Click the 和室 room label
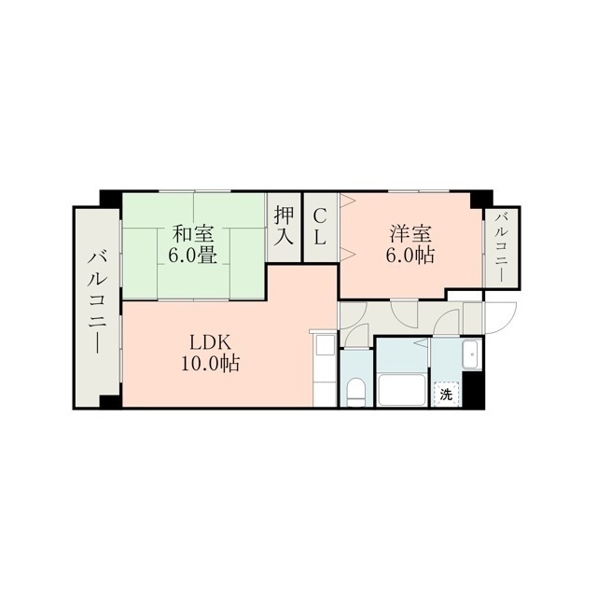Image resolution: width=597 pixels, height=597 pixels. point(193,234)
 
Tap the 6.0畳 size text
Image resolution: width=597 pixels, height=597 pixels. point(193,255)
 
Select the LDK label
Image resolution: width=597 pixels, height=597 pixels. point(211,343)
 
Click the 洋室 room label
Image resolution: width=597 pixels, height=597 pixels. point(410,234)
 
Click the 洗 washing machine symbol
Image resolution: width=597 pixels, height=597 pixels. point(446,395)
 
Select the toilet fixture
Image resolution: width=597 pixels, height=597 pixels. point(356,392)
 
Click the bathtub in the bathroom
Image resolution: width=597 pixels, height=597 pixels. point(403,390)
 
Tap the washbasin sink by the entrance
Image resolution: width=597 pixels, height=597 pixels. point(472,354)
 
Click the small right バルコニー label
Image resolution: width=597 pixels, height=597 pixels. point(502,247)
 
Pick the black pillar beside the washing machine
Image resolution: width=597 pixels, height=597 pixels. point(473,389)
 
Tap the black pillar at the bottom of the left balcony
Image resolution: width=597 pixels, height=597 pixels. point(110,402)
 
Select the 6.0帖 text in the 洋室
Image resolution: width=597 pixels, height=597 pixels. point(410,255)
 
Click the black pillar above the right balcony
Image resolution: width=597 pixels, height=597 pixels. point(481,199)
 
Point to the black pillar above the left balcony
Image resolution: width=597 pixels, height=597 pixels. point(111,199)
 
